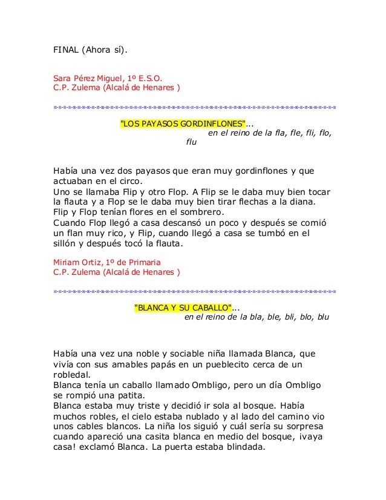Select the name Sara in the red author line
tap(63, 77)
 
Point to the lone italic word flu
tap(191, 143)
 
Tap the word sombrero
tap(201, 212)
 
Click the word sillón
tap(66, 244)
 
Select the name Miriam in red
tap(66, 262)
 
